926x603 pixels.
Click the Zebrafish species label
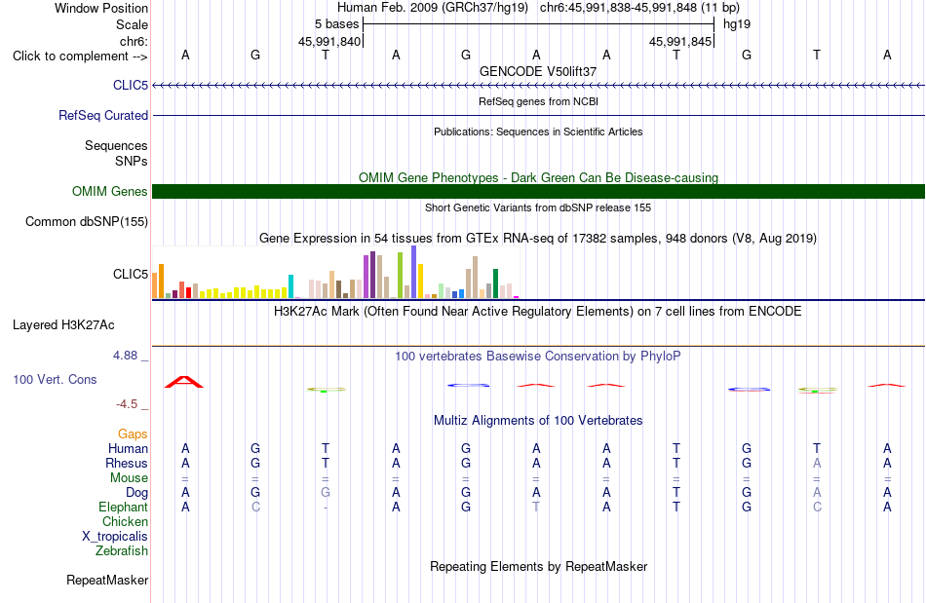coord(122,551)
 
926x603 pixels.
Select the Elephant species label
coord(124,508)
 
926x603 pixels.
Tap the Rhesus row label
coord(127,463)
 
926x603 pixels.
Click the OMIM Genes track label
coord(110,191)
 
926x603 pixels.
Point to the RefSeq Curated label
coord(103,116)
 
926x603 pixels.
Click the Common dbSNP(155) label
coord(87,222)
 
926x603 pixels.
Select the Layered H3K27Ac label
coord(63,325)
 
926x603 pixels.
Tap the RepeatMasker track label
coord(107,581)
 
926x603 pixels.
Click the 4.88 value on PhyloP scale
coord(125,356)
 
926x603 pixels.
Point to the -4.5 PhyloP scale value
coord(127,404)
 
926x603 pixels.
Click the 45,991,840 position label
coord(328,41)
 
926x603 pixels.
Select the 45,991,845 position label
coord(680,41)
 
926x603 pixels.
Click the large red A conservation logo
coord(184,382)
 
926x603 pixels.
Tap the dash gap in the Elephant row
coord(326,508)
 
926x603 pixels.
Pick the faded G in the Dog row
coord(326,493)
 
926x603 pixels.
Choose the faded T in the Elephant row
coord(536,508)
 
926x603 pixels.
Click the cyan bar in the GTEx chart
coord(290,286)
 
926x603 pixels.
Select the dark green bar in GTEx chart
coord(495,283)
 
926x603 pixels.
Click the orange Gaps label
coord(133,434)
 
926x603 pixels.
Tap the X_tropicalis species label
coord(115,537)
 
